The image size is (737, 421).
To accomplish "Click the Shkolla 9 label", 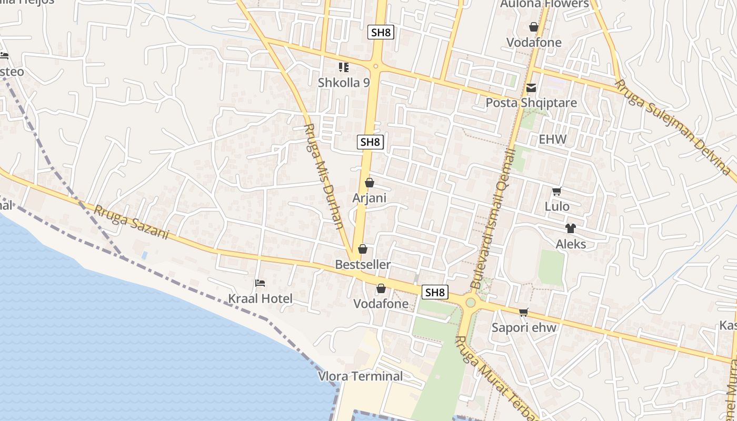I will (344, 83).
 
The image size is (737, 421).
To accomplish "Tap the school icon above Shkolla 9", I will (344, 67).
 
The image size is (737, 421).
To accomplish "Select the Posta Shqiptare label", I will (531, 103).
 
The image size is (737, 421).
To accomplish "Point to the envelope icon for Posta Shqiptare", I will (531, 88).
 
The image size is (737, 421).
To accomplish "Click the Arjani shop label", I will (370, 198).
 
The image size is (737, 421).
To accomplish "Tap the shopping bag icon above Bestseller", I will (362, 249).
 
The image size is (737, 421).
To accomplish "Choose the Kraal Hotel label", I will (260, 298).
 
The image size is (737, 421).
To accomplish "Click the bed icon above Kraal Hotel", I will (260, 283).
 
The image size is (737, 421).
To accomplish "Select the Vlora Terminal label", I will (361, 376).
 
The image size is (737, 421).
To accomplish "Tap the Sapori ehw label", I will (524, 327).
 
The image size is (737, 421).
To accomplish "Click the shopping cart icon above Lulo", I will (557, 192).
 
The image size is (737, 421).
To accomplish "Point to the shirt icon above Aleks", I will (571, 228).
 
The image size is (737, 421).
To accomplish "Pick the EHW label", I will (553, 139).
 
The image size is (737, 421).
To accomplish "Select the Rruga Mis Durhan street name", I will (325, 176).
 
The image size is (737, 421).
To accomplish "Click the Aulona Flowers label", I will (544, 4).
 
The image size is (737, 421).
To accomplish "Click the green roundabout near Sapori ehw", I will (470, 303).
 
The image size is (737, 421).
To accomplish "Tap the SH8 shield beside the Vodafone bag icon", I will (435, 293).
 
